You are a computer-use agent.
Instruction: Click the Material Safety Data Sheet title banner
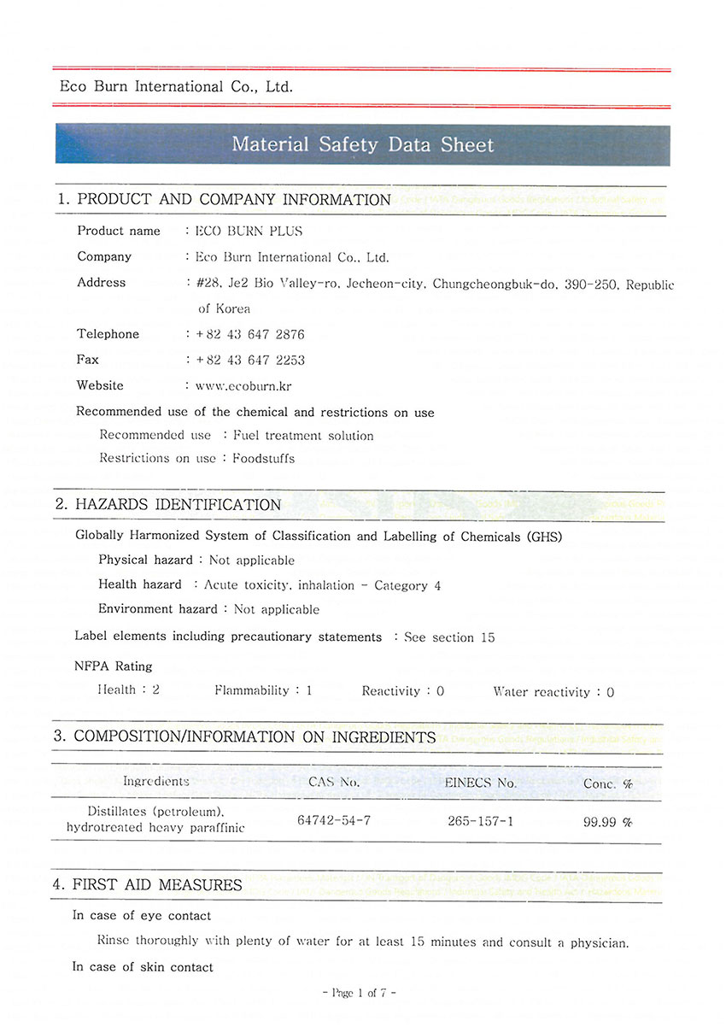[362, 144]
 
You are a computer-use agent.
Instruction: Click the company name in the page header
[176, 86]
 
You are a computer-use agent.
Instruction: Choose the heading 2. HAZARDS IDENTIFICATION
[168, 504]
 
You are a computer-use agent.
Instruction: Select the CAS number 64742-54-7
[334, 820]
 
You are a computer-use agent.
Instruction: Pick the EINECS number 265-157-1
[480, 820]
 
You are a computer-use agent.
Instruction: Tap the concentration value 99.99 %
[607, 821]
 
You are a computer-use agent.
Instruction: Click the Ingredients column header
[156, 781]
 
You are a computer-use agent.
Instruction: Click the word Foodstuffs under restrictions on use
[264, 458]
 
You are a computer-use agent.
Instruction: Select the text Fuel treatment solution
[303, 436]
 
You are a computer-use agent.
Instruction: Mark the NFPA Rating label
[114, 666]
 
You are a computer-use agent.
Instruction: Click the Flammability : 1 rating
[263, 690]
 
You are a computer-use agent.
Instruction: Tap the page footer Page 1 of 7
[360, 993]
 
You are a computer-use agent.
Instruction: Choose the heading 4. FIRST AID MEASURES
[148, 885]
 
